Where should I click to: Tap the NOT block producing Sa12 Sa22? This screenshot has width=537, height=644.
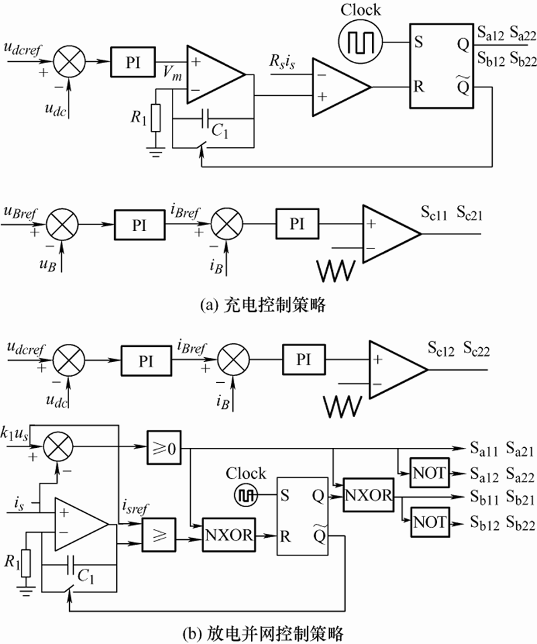tap(429, 472)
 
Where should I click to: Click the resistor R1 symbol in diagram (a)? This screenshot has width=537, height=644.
tap(156, 118)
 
